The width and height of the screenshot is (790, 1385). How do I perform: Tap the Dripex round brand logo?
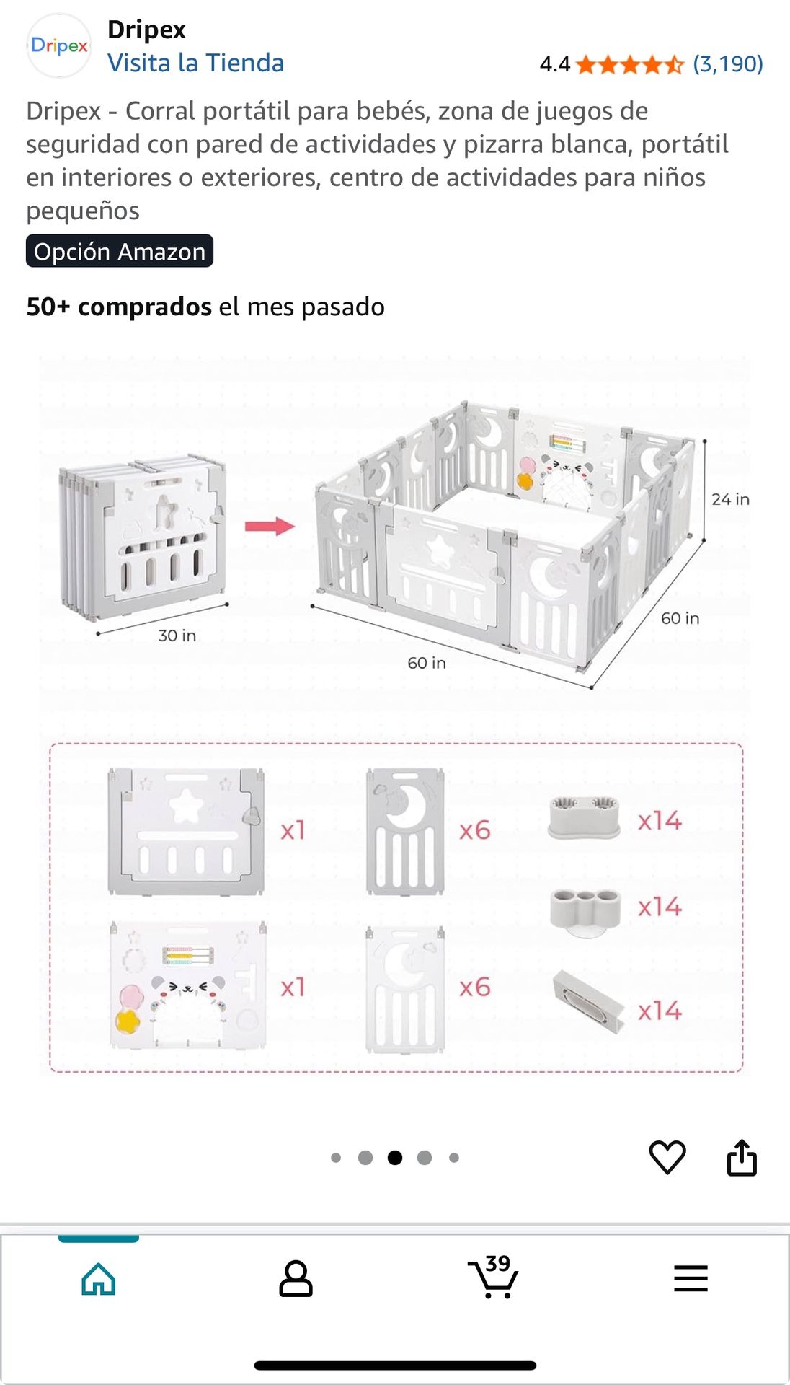[x=59, y=45]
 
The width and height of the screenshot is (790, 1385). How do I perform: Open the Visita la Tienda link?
[x=196, y=63]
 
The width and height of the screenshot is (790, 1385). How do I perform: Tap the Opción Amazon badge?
[x=120, y=251]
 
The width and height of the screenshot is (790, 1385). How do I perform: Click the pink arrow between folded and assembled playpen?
[x=270, y=526]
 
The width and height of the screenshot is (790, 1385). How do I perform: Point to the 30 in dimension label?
[x=177, y=636]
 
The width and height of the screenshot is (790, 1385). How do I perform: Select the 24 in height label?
[x=730, y=499]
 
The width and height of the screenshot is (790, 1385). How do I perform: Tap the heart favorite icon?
[x=667, y=1157]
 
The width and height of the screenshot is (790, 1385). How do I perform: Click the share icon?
[x=742, y=1157]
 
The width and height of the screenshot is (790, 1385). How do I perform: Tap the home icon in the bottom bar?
[x=99, y=1280]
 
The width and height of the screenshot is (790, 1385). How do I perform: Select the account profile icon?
[x=296, y=1279]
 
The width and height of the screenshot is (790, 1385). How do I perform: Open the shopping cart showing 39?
[x=494, y=1277]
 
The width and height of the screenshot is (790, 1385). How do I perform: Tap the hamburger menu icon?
[x=691, y=1278]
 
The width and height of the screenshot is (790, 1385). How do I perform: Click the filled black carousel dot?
[x=395, y=1158]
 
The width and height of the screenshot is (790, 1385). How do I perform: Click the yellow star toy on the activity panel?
[x=128, y=1021]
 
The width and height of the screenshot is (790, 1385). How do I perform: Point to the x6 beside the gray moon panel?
[x=475, y=830]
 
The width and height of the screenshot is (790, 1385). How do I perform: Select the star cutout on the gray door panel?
[x=185, y=806]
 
